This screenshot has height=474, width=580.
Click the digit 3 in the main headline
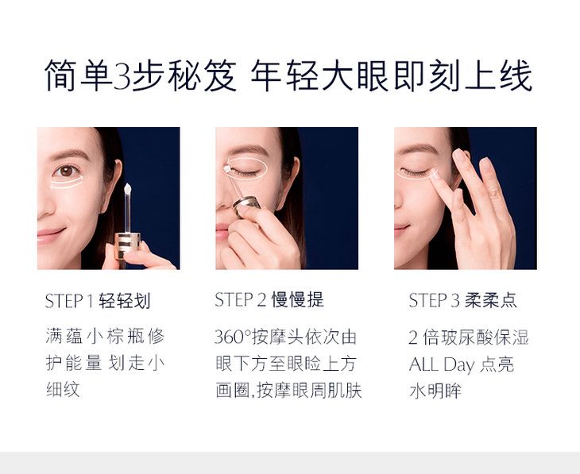coord(122,76)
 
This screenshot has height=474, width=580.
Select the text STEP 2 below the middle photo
coord(241,299)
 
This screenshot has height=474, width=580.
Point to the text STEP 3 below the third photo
coord(435,300)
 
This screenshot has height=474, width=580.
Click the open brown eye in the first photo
coord(66,171)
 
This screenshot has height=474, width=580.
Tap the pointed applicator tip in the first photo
coord(128,189)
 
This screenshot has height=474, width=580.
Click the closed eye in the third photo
coord(414,171)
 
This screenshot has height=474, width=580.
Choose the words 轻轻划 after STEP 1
coord(125,301)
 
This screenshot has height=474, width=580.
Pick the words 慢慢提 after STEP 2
coord(298,299)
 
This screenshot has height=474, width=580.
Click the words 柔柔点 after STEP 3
coord(491,300)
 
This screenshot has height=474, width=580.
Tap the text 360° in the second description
coord(233,337)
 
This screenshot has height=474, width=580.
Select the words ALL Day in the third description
coord(442,364)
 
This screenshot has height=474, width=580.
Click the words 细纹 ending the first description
coord(63,390)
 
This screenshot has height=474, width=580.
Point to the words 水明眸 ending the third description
coord(435,391)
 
